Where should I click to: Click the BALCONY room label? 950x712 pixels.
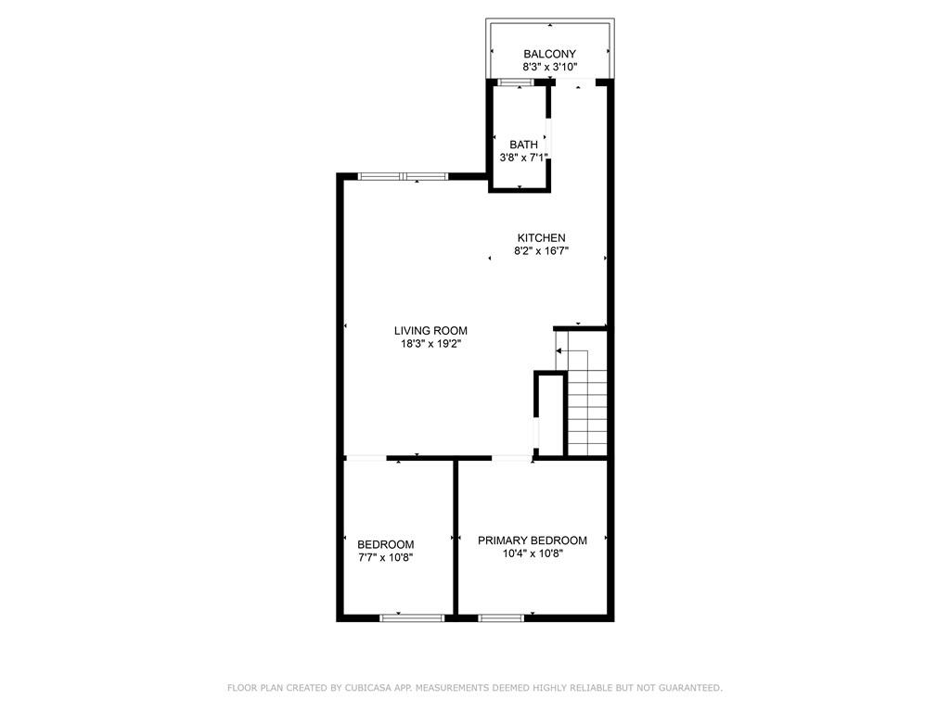click(549, 54)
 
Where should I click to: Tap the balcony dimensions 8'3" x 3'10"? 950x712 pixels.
click(549, 67)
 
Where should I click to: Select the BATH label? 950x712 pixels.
click(523, 145)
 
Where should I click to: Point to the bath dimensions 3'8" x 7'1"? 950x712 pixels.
click(523, 158)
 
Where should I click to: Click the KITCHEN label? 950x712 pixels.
click(541, 238)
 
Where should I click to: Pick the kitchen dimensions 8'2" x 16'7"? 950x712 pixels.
click(541, 251)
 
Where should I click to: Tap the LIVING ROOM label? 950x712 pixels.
click(430, 331)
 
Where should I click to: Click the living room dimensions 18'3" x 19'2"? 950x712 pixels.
click(430, 344)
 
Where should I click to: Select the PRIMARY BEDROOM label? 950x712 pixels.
click(533, 540)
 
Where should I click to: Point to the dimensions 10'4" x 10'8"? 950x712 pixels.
click(533, 553)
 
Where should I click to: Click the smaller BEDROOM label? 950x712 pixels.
click(385, 544)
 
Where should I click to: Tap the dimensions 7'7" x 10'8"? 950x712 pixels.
click(385, 557)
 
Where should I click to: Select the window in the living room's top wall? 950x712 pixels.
click(403, 177)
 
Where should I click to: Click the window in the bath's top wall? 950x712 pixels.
click(516, 83)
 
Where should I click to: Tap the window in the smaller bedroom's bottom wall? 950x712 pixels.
click(412, 618)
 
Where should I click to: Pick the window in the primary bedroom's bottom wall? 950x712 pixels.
click(501, 618)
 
